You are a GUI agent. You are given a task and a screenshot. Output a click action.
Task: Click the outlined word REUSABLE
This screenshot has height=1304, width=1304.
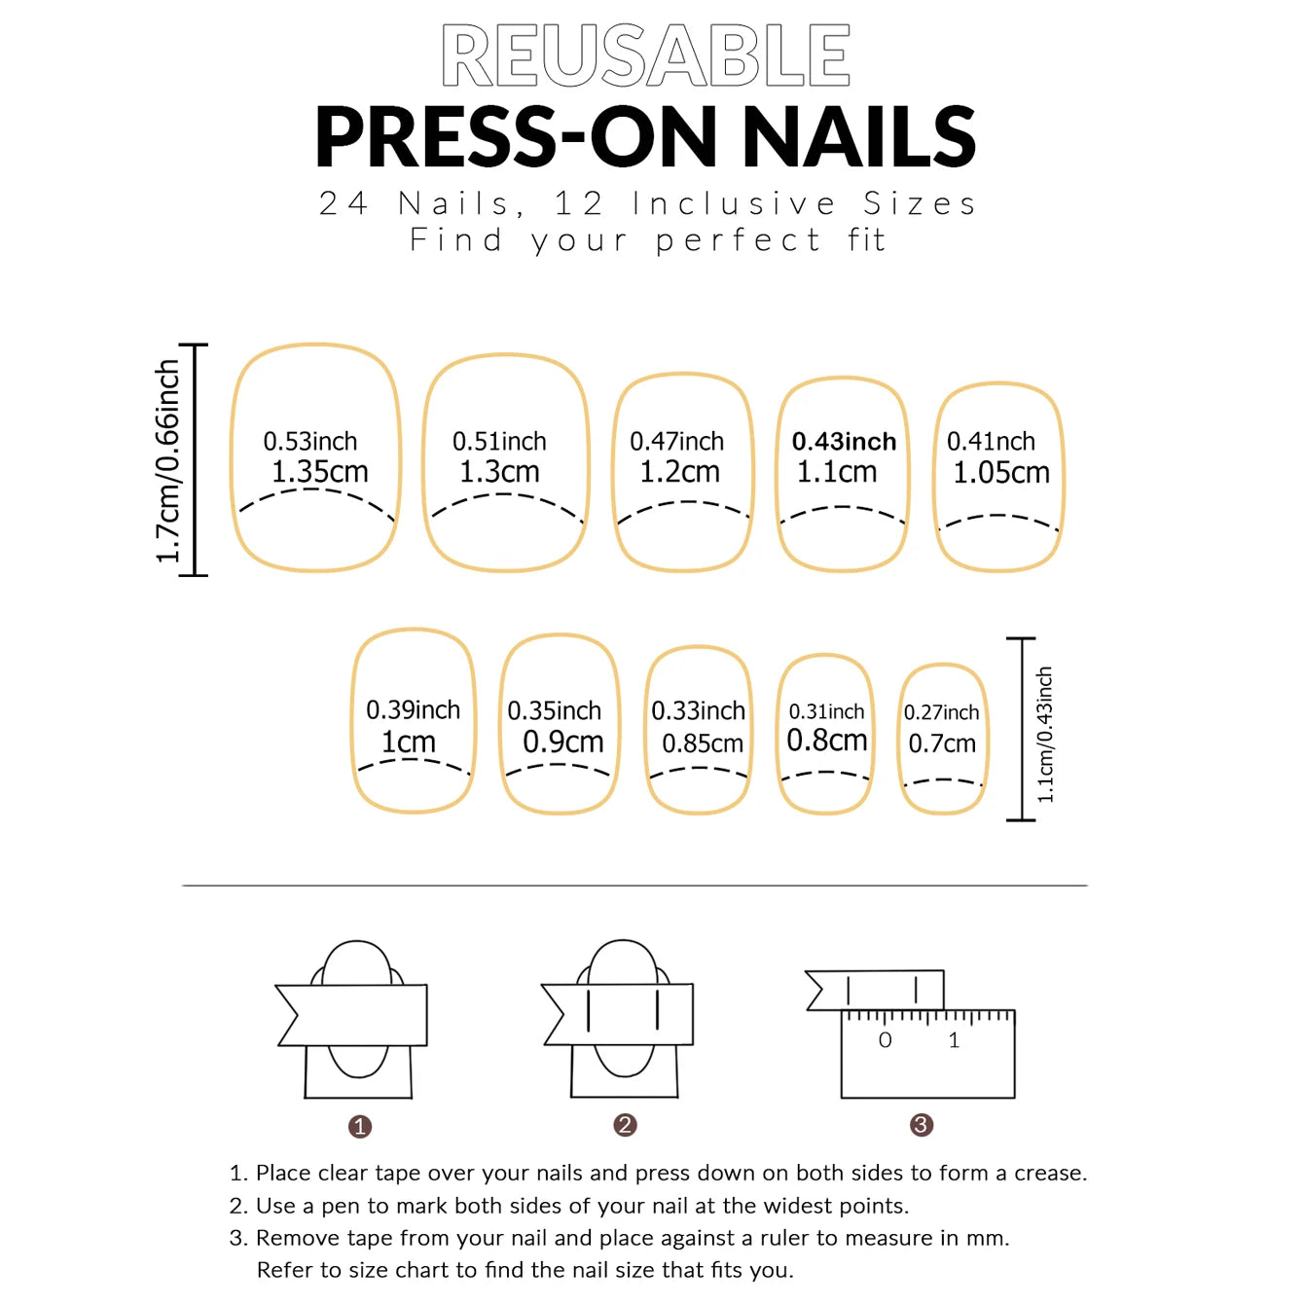coord(646,55)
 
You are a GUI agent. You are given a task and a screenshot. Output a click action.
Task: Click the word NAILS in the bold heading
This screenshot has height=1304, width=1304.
coord(859,137)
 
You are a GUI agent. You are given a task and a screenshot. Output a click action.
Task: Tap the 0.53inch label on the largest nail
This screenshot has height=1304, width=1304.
coord(310,442)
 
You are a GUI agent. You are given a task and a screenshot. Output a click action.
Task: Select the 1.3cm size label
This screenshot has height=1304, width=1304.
coord(499,472)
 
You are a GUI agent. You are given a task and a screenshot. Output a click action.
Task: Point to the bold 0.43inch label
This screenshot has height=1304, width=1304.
coord(844,442)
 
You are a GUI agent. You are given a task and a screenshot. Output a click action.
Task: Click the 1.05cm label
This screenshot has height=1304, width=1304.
coord(1000,473)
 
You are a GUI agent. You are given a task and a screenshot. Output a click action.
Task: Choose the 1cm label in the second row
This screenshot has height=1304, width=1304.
coord(409,742)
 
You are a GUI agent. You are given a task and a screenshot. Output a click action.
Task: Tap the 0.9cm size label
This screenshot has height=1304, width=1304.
coord(562,742)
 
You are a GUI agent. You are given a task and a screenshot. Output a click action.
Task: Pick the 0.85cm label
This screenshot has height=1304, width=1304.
coord(702,743)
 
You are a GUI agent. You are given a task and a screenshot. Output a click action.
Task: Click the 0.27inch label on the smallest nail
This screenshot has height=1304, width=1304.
coord(941,712)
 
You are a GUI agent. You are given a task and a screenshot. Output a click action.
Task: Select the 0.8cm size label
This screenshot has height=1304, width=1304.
coord(826,741)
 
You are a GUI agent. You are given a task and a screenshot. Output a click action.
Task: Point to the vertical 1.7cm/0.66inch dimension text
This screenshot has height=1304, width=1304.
coord(168,460)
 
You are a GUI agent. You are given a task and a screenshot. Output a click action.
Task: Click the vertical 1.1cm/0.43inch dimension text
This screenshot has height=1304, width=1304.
coord(1045,734)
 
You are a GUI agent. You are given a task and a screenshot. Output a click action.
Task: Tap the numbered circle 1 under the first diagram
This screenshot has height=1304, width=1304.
coord(360,1126)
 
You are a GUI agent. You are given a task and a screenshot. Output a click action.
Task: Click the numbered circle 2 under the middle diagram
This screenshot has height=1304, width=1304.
coord(625,1125)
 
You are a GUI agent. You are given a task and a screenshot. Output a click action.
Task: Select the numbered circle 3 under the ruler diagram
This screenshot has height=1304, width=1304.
coord(921,1125)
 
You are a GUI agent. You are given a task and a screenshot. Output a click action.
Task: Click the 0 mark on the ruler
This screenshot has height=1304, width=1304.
coord(885,1040)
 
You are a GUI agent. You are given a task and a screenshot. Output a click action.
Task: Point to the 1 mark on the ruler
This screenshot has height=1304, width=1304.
coord(954,1040)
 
